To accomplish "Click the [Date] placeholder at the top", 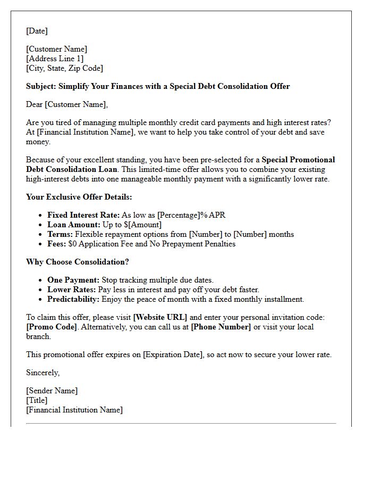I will pyautogui.click(x=37, y=31).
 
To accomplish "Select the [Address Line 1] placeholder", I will pyautogui.click(x=55, y=59).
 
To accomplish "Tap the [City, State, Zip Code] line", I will pyautogui.click(x=64, y=68).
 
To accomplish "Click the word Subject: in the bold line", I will pyautogui.click(x=41, y=86).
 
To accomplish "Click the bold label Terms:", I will pyautogui.click(x=60, y=234).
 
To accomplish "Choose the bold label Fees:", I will pyautogui.click(x=57, y=244).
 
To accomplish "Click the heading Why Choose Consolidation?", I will pyautogui.click(x=78, y=262).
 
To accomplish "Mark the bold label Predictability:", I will pyautogui.click(x=73, y=299).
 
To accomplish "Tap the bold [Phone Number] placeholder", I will pyautogui.click(x=221, y=327).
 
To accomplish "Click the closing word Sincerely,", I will pyautogui.click(x=43, y=373).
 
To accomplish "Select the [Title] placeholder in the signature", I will pyautogui.click(x=37, y=400).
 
